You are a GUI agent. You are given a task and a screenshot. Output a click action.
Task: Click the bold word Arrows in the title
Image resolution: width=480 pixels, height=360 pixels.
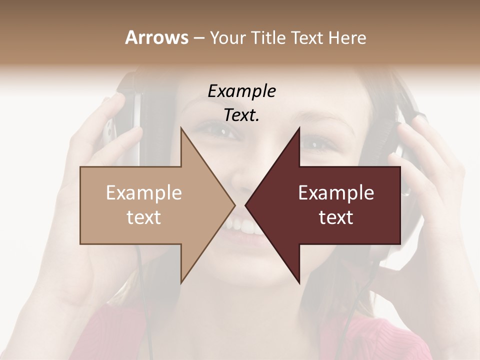(x=156, y=37)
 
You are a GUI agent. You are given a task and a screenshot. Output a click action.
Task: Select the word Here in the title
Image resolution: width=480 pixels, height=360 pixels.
(x=347, y=37)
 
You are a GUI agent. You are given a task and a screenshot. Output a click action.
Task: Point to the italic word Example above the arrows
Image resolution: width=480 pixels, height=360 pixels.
(x=241, y=91)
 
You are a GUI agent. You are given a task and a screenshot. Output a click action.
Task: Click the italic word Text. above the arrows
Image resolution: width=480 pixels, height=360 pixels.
(x=241, y=115)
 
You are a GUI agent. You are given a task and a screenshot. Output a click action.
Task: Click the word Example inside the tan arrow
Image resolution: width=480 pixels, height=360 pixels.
(x=144, y=193)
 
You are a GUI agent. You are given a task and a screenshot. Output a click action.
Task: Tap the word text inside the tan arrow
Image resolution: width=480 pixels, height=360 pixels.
(x=144, y=217)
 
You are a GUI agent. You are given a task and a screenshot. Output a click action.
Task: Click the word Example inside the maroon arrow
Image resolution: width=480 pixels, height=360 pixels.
(x=336, y=193)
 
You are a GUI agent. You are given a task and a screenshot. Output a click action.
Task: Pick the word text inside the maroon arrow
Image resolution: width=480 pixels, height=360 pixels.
(x=336, y=217)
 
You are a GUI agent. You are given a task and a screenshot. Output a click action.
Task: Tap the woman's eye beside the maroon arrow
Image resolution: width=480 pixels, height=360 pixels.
(x=318, y=145)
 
